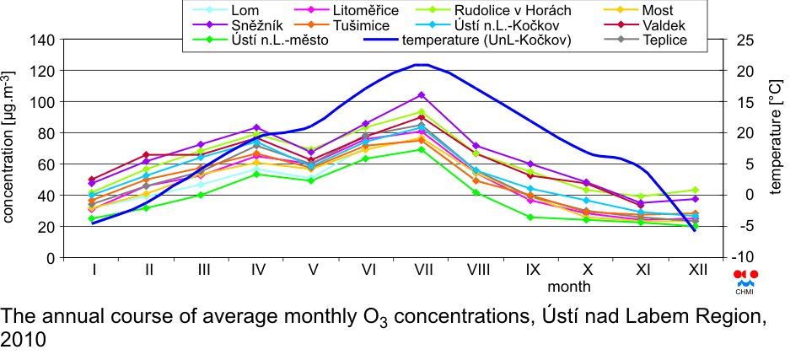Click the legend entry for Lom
click(x=225, y=10)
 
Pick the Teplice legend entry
click(x=644, y=40)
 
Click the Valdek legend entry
click(x=643, y=25)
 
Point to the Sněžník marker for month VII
click(x=422, y=95)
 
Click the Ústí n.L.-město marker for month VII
click(x=422, y=149)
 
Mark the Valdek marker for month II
click(x=146, y=155)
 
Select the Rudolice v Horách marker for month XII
click(x=695, y=190)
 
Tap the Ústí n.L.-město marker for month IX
click(x=530, y=218)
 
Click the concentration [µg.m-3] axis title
click(x=8, y=147)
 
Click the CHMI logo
click(x=746, y=282)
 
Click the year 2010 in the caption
click(x=24, y=339)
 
